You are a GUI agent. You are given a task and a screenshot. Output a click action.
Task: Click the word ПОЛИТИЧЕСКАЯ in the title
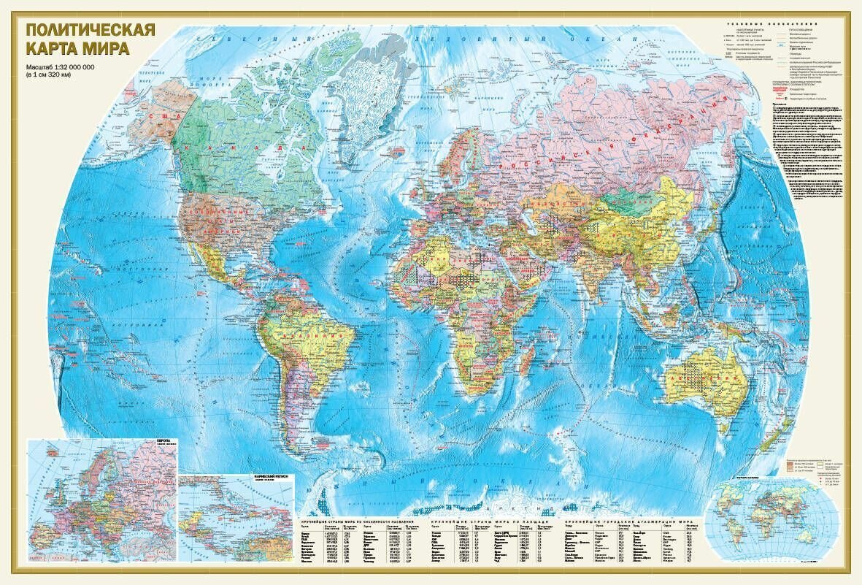[x=90, y=31]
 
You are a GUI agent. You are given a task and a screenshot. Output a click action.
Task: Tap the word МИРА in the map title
[x=105, y=50]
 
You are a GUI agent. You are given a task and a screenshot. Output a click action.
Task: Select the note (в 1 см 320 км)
[x=57, y=74]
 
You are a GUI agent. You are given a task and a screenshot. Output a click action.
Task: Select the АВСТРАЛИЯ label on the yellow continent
[x=704, y=379]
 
